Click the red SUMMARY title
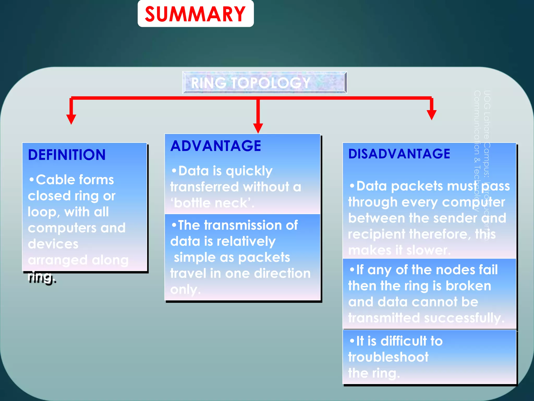[x=195, y=14]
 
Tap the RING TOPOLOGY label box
[x=264, y=82]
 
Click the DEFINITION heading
[x=67, y=155]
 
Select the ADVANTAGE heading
[x=216, y=146]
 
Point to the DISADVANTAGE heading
[x=399, y=154]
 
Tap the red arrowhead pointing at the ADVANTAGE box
[x=258, y=128]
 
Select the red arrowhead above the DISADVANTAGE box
[x=432, y=115]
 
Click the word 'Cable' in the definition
[x=56, y=180]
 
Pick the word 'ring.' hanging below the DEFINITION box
[x=42, y=277]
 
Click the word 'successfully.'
[x=464, y=318]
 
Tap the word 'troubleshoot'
[x=388, y=357]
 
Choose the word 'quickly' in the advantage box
[x=249, y=171]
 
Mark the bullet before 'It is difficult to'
[x=352, y=340]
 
